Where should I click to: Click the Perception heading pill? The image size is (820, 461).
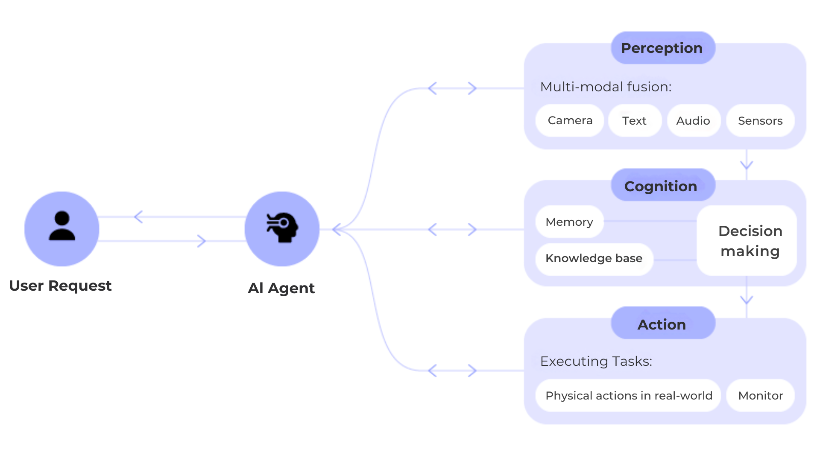663,48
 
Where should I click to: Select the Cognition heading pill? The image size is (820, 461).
663,185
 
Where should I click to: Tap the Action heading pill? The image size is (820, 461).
663,324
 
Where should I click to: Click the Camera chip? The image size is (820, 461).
570,120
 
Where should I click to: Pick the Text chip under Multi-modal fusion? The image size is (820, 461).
635,120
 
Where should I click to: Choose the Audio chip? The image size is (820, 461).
694,120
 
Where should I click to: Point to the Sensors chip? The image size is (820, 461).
760,120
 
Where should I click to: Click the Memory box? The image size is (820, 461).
570,222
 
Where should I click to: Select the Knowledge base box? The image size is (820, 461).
594,259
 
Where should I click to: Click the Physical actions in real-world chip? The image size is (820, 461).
629,395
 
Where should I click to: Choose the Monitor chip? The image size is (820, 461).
760,395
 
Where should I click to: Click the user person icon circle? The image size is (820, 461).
62,229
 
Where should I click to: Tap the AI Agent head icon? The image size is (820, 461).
282,229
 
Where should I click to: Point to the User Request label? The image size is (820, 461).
60,286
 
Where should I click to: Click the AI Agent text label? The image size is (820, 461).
281,288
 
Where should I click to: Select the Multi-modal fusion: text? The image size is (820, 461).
606,87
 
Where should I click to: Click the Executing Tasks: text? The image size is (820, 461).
596,361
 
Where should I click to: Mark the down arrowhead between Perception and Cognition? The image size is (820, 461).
747,165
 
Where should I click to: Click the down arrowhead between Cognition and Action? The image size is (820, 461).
747,300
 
